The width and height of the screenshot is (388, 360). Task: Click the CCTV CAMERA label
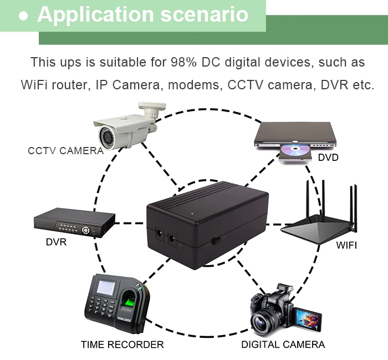pyautogui.click(x=65, y=150)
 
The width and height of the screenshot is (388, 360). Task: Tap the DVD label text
pyautogui.click(x=328, y=158)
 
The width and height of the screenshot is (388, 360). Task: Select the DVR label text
pyautogui.click(x=56, y=242)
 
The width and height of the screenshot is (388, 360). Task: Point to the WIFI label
pyautogui.click(x=346, y=245)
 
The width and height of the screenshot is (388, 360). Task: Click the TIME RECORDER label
pyautogui.click(x=122, y=344)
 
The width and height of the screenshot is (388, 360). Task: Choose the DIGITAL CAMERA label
pyautogui.click(x=283, y=344)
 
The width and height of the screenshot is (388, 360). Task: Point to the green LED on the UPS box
pyautogui.click(x=192, y=213)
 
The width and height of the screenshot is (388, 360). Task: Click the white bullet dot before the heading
pyautogui.click(x=23, y=16)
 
